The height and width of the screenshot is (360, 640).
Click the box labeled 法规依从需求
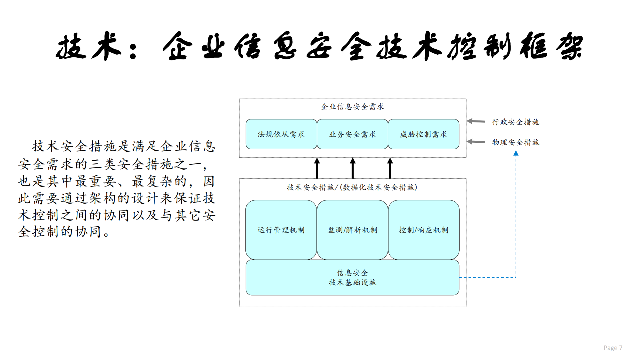[281, 134]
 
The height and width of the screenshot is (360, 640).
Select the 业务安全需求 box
[353, 134]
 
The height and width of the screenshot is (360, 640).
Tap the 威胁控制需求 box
[424, 134]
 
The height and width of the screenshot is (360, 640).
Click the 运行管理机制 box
[281, 230]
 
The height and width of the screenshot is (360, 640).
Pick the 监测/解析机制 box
[353, 230]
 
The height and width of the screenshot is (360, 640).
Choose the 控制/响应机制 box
[424, 230]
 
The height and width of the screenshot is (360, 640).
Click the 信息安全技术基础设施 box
[353, 278]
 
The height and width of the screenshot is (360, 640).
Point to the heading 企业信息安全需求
[353, 107]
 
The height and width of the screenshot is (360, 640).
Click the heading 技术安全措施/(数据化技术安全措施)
[352, 187]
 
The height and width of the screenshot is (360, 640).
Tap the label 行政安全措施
[516, 122]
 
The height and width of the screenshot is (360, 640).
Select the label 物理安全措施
[516, 142]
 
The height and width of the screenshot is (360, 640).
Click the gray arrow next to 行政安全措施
[476, 121]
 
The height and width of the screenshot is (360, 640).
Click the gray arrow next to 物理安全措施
[476, 142]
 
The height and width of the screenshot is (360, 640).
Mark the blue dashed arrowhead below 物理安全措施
[516, 153]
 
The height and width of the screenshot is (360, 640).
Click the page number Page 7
[613, 348]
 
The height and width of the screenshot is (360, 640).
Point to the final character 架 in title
[570, 47]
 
